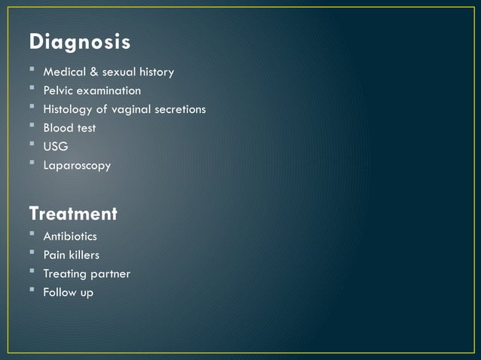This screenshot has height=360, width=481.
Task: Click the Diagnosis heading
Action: coord(80,43)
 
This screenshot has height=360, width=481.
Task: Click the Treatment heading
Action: coord(73,214)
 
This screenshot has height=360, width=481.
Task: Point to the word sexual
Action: coord(119,72)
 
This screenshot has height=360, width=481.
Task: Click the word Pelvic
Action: coord(57,91)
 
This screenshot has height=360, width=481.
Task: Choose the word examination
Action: coord(108,91)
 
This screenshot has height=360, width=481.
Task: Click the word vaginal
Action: coord(133,110)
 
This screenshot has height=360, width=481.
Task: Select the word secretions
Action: coord(182,110)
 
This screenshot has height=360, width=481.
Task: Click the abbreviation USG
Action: coord(55,147)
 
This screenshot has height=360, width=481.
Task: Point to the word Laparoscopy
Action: coord(77,166)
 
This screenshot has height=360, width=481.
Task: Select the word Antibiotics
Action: coord(70,236)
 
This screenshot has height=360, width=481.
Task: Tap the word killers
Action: coord(83,255)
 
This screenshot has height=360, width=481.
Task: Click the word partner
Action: coord(110,273)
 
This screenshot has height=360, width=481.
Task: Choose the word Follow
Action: coord(60,292)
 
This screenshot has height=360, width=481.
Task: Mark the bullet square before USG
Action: coord(32,145)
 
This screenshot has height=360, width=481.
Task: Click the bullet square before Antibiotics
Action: coord(32,234)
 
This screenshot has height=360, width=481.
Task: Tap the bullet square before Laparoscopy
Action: coord(32,163)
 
